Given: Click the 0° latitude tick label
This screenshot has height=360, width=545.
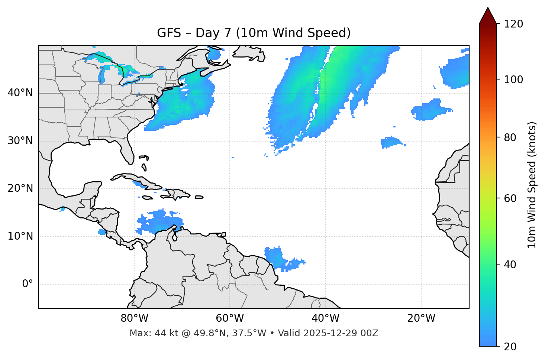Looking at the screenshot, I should [x=28, y=284].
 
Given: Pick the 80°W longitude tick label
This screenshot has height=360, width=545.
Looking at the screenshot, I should [x=134, y=318].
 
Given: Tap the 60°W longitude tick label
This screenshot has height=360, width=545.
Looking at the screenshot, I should [x=230, y=318].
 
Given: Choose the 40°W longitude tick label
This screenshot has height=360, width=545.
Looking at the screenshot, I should [x=325, y=318].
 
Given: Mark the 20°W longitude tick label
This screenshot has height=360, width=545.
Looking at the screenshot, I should [x=421, y=318].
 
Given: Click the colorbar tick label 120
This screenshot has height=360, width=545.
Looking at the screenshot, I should [x=513, y=24].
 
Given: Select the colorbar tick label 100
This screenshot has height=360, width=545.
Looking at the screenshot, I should [x=513, y=80].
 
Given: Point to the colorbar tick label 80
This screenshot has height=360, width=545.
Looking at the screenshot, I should [x=511, y=138].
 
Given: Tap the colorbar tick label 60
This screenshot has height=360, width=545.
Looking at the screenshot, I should [x=511, y=198].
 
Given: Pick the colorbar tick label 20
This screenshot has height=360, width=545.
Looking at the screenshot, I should [x=511, y=347].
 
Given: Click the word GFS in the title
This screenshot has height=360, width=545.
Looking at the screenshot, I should [x=169, y=33].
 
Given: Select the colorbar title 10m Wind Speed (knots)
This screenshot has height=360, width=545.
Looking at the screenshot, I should [x=532, y=185].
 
